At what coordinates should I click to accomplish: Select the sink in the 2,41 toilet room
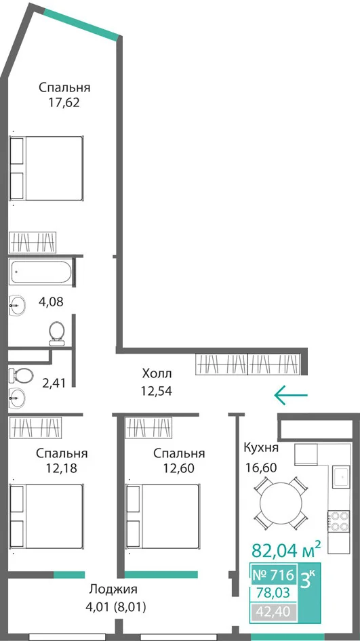point(17,396)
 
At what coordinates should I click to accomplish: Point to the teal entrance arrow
point(290,395)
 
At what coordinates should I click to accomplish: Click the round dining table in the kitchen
point(280,502)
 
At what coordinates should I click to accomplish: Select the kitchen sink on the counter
point(341,476)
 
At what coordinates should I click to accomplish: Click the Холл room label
point(157,373)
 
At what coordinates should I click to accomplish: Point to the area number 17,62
point(64,102)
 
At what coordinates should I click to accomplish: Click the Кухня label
point(261,448)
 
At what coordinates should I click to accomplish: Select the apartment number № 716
point(273,575)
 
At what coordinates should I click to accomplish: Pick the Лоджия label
point(113,590)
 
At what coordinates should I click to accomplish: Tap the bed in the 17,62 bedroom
point(47,169)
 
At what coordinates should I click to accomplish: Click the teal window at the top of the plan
point(81,24)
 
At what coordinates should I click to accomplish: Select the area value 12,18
point(62,468)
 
